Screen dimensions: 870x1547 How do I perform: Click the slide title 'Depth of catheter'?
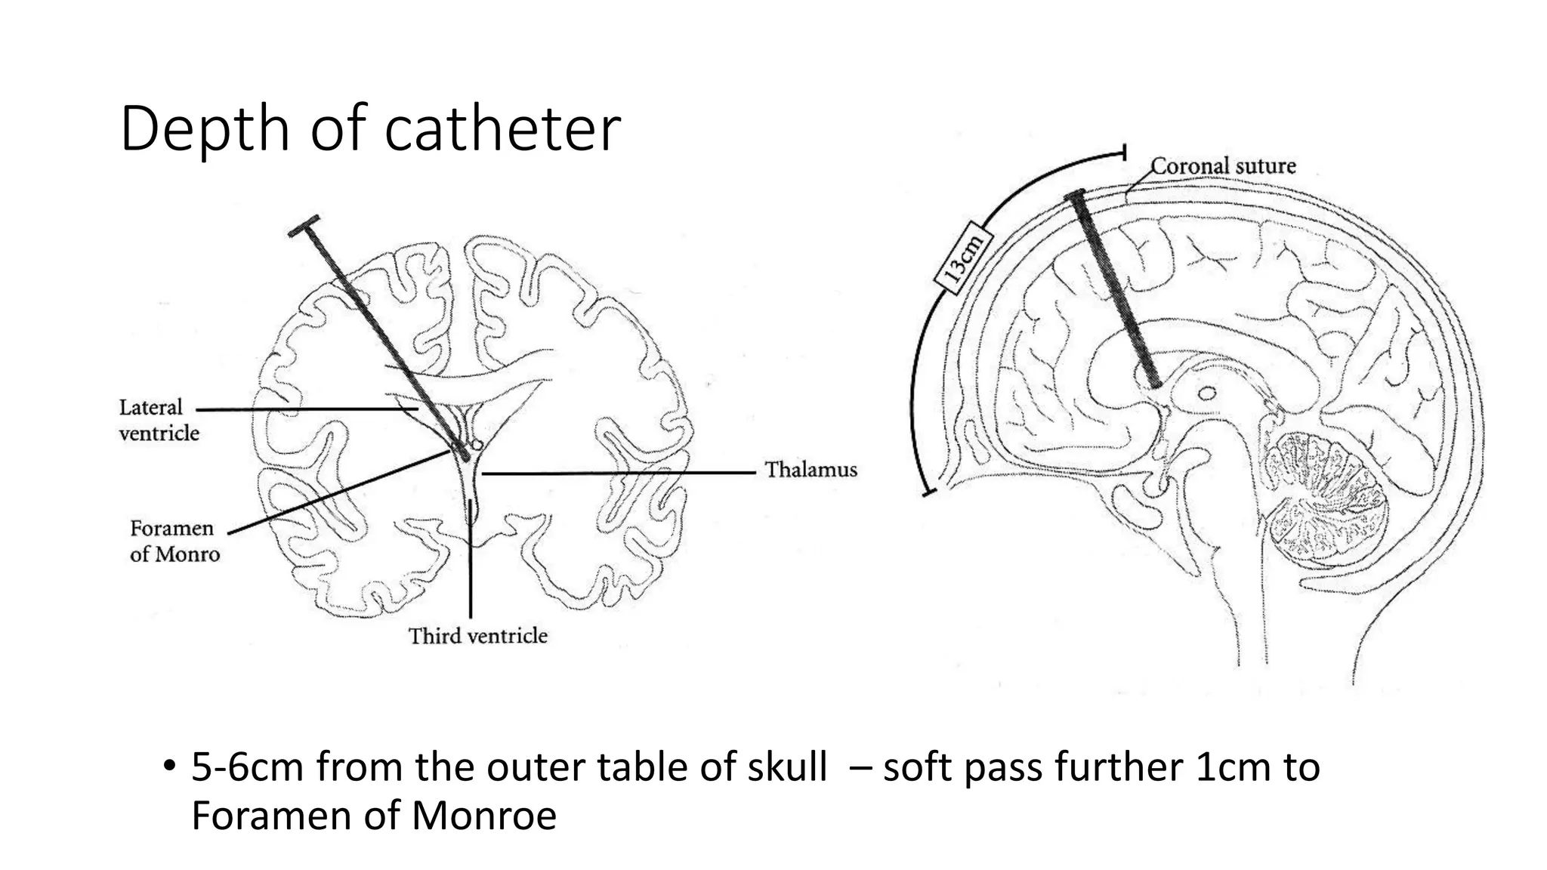[370, 129]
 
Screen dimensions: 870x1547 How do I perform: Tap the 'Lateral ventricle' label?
[159, 420]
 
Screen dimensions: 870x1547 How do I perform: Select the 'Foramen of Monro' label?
[174, 541]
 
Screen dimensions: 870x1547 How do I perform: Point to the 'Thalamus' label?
[811, 470]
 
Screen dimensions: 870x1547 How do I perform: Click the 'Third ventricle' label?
[477, 636]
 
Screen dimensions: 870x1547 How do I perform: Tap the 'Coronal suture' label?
[1223, 166]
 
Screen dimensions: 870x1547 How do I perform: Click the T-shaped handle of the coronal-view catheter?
[304, 224]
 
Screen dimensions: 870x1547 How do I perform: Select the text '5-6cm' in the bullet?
[247, 767]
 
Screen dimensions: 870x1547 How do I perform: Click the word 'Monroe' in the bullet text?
[483, 816]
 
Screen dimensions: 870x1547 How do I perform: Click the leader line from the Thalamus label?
[619, 474]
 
